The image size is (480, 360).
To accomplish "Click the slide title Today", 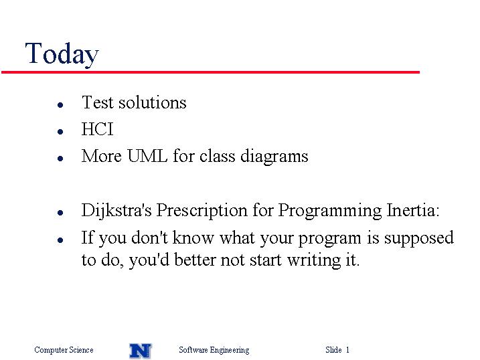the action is tap(62, 54).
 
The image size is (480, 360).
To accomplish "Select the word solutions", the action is tap(153, 102).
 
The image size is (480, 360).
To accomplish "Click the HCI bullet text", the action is tap(97, 128).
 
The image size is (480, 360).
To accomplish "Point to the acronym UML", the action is tap(147, 156).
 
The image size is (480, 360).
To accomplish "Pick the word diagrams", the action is tap(274, 157).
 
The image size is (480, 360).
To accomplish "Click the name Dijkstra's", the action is tap(116, 211).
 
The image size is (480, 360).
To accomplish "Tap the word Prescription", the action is tap(202, 211).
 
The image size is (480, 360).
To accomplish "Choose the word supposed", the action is tap(419, 239).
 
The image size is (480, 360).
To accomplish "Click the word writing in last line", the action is tap(314, 260).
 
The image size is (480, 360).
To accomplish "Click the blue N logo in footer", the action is tap(141, 351).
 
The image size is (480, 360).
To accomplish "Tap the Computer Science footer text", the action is tap(64, 349).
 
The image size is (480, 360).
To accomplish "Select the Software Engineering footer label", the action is tap(214, 350).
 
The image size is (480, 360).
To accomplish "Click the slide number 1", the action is tap(347, 349).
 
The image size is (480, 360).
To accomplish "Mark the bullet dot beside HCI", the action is tap(60, 132).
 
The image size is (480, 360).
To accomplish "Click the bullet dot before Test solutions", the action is tap(60, 105).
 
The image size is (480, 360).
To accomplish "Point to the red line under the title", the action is tap(210, 72).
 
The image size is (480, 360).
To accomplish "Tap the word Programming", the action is tap(330, 211).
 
